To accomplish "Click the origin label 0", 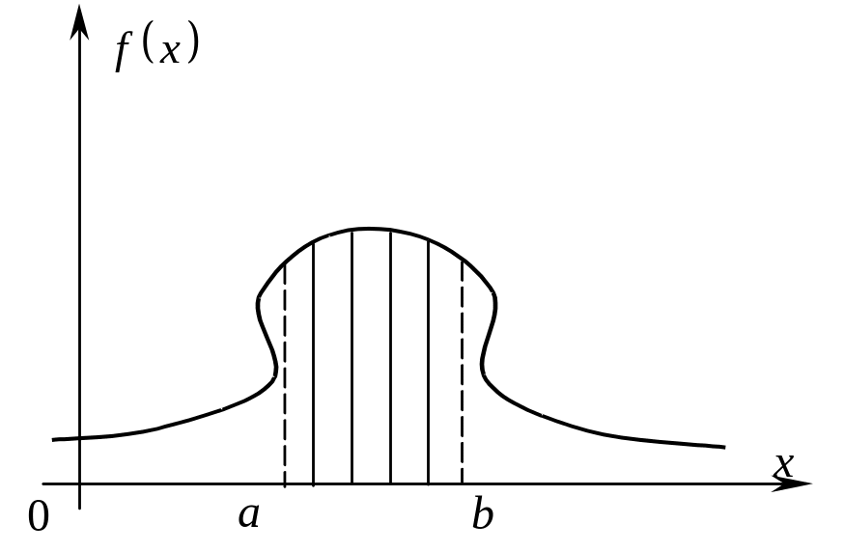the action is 39,516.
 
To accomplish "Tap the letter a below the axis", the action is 249,515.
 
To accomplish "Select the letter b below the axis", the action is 482,513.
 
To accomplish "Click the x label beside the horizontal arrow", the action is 784,465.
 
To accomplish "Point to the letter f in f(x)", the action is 124,53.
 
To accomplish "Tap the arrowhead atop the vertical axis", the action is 79,21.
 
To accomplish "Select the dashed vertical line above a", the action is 285,373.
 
